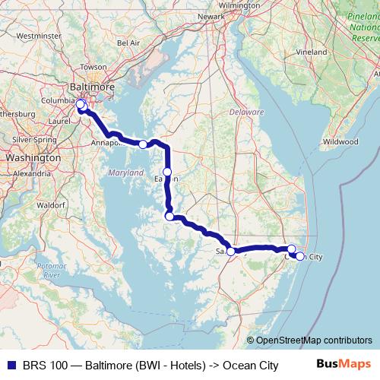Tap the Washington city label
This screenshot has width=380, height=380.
33,157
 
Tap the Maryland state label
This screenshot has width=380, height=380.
125,173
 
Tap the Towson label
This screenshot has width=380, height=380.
94,67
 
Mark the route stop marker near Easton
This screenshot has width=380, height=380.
167,172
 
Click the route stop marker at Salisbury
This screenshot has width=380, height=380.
231,251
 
